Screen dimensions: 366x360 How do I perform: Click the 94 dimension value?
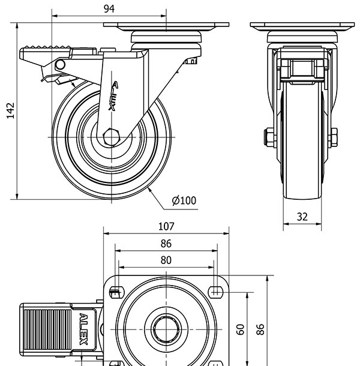coord(109,8)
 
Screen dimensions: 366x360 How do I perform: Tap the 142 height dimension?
coord(10,111)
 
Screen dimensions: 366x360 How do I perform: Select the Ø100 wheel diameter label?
coord(184,201)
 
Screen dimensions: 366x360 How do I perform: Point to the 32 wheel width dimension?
coord(302,217)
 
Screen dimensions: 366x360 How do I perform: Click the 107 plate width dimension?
coord(166,226)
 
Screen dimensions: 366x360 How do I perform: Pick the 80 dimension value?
coord(166,260)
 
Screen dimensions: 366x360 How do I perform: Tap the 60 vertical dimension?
coord(240,329)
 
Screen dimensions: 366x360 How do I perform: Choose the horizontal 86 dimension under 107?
coord(166,244)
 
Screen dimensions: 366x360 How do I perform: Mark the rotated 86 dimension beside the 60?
coord(260,329)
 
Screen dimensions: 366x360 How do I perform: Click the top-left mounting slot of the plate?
coord(116,292)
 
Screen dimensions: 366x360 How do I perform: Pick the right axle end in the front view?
coord(334,137)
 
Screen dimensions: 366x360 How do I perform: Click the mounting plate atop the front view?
coord(302,26)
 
